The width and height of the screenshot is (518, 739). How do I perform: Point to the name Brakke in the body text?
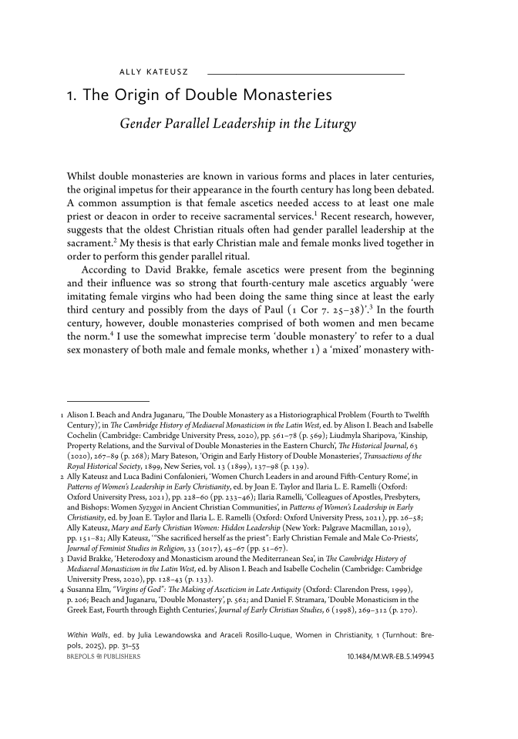click(205, 270)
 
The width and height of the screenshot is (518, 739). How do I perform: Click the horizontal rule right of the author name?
click(306, 73)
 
